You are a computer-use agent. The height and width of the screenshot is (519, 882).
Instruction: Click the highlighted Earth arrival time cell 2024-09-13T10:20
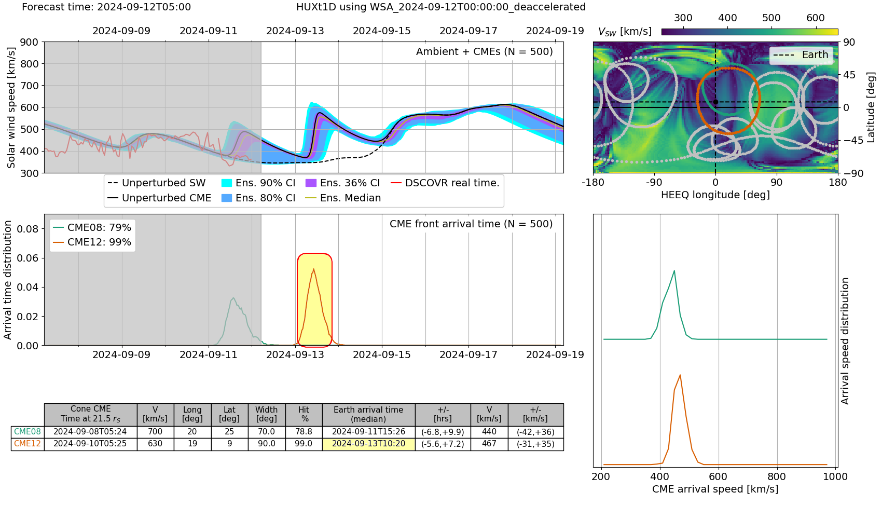[368, 444]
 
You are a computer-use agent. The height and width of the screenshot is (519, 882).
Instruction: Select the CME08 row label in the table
[27, 432]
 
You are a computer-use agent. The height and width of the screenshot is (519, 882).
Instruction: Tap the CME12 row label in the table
[27, 444]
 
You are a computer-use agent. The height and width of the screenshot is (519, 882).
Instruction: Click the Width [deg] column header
[267, 414]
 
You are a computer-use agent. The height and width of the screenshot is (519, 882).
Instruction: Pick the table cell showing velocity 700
[155, 432]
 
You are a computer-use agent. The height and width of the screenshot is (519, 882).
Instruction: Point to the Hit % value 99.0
[304, 444]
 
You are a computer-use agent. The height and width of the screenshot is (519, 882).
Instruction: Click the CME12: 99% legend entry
[92, 242]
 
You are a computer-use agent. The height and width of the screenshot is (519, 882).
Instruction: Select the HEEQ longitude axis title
[715, 195]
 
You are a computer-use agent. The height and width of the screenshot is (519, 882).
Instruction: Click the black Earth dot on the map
[715, 102]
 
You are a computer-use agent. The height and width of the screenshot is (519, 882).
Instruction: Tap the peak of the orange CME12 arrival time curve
[314, 269]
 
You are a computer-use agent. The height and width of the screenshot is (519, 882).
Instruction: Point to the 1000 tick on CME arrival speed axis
[835, 476]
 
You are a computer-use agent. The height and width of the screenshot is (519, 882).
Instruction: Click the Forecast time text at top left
[106, 7]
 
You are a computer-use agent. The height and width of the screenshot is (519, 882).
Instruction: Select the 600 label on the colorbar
[816, 18]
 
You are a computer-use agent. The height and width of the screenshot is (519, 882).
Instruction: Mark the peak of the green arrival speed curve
[674, 270]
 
